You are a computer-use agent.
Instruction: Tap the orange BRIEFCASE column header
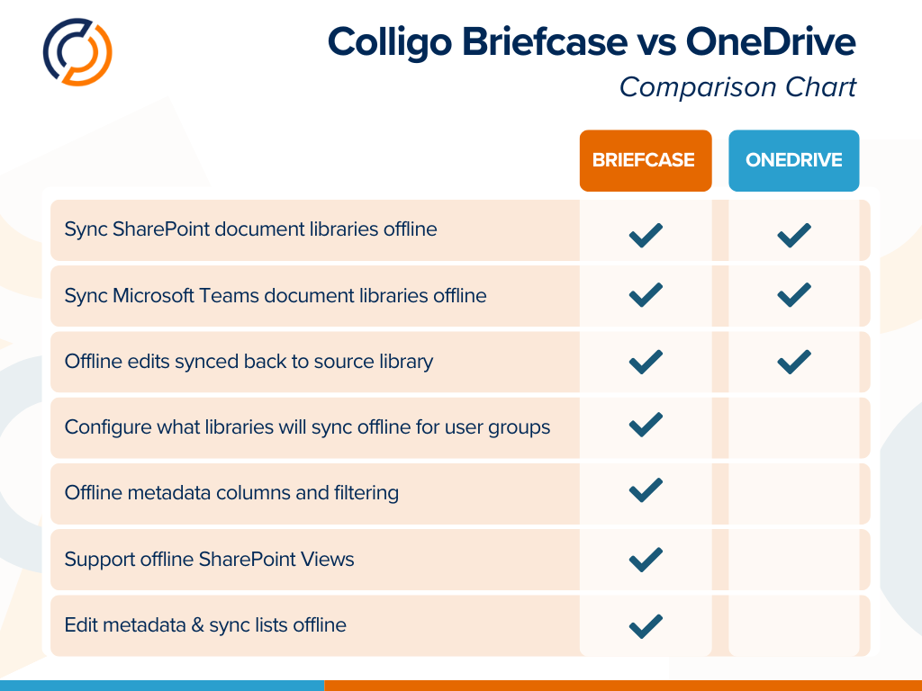[645, 160]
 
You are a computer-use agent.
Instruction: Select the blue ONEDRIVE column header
[793, 160]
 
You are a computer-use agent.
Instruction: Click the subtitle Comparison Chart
[737, 87]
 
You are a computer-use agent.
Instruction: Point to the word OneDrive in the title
[770, 41]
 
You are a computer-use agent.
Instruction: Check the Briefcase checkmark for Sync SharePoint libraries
[646, 235]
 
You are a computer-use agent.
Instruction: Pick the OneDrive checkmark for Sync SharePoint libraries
[793, 235]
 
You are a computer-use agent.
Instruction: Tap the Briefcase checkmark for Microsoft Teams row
[646, 294]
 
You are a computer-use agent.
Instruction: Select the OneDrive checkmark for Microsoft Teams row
[793, 294]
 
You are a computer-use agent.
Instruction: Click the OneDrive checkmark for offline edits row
[793, 361]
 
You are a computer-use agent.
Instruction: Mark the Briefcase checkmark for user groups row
[646, 424]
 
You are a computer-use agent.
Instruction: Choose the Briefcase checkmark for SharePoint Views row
[646, 559]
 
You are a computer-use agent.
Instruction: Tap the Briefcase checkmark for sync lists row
[646, 624]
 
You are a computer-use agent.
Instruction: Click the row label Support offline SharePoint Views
[209, 559]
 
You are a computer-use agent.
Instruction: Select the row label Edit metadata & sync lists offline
[205, 624]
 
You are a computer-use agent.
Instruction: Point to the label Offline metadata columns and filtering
[231, 492]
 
